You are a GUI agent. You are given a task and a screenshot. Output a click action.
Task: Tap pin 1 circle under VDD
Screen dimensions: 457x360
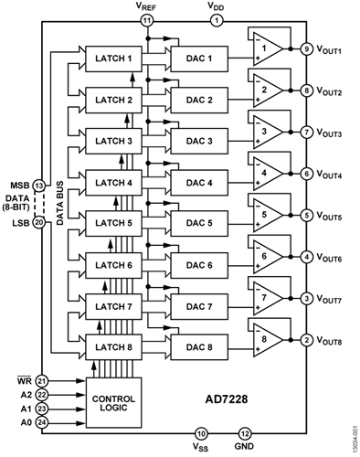point(217,20)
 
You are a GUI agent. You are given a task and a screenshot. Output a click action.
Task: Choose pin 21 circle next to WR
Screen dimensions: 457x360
point(42,379)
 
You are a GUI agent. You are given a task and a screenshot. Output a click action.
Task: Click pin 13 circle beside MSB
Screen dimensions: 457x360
point(39,186)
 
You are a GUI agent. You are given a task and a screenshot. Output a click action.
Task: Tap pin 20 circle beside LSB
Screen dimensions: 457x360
point(39,222)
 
